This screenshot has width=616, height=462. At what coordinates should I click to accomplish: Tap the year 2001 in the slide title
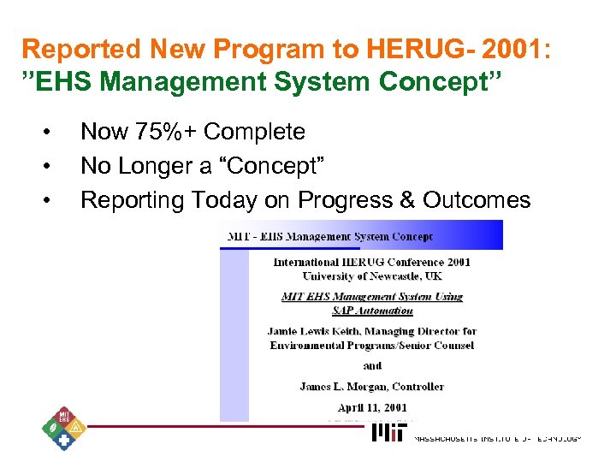pos(516,50)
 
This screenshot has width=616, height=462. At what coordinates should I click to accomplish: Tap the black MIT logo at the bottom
pos(390,435)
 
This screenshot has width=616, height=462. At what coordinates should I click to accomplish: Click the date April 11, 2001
pos(372,408)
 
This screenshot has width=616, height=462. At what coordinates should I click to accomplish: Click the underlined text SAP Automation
pos(372,310)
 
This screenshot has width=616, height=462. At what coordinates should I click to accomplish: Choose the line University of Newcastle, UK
pos(372,275)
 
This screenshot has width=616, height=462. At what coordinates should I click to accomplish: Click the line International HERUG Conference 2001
pos(372,262)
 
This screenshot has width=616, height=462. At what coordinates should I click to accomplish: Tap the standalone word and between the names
pos(372,365)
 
